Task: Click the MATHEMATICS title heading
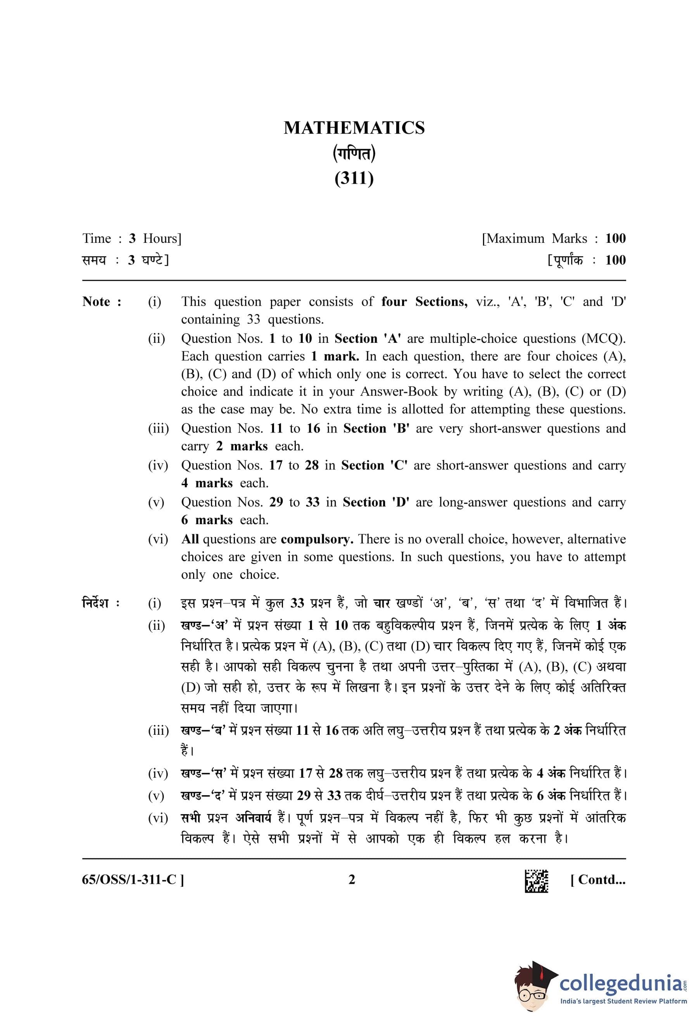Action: pos(354,128)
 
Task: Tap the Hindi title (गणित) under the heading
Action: pos(354,153)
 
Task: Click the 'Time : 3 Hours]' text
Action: pos(132,239)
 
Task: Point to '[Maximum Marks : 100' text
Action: pos(553,239)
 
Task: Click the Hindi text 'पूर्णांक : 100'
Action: pos(587,260)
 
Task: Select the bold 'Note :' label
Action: pos(102,302)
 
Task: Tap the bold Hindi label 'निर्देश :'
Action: pos(101,603)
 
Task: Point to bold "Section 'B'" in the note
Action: pos(376,428)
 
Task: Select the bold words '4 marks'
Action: pos(207,483)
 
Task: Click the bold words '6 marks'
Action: pos(207,520)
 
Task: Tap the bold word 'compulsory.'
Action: pos(317,540)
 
